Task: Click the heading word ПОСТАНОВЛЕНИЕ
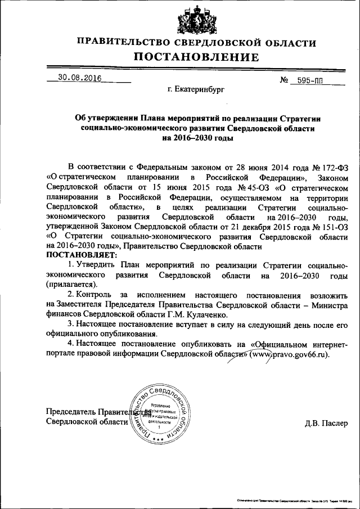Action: click(x=196, y=57)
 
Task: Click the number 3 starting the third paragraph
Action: click(x=69, y=325)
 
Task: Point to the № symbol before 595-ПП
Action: click(x=284, y=80)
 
